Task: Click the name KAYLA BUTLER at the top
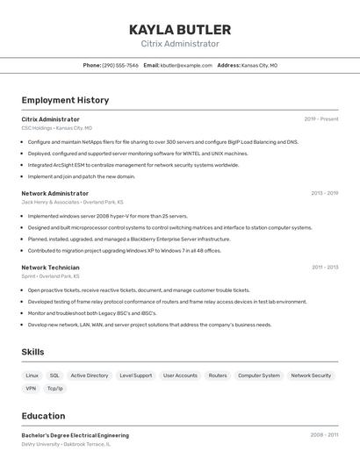[180, 29]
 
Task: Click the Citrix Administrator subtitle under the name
[180, 44]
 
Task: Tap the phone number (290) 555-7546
[120, 65]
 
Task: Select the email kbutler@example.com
[186, 65]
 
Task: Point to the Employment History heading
[65, 100]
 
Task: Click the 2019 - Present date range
[321, 118]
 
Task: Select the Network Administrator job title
[55, 193]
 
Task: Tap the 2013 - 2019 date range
[324, 193]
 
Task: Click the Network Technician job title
[50, 268]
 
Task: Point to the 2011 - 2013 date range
[325, 268]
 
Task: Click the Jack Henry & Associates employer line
[72, 202]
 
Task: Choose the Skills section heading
[33, 352]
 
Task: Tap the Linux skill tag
[32, 376]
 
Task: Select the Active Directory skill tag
[90, 376]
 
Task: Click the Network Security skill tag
[311, 376]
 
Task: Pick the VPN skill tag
[31, 388]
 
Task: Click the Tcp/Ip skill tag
[54, 388]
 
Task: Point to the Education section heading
[43, 416]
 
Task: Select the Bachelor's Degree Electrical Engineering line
[75, 435]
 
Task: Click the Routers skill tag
[218, 376]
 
